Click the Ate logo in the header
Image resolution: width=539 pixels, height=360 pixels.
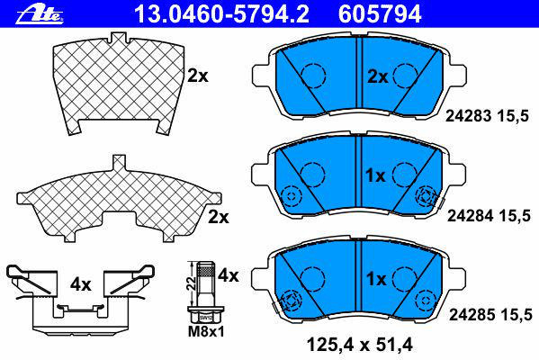tap(40, 14)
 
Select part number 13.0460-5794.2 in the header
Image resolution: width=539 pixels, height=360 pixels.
tap(221, 14)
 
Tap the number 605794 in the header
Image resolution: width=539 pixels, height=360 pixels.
tap(380, 14)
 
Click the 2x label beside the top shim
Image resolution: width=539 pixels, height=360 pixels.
tap(198, 76)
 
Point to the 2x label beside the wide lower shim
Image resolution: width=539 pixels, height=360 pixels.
tap(219, 217)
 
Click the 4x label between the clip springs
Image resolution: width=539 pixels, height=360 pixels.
tap(80, 284)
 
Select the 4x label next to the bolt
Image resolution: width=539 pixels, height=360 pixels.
tap(229, 275)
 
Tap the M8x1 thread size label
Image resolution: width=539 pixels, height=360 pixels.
tap(206, 332)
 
